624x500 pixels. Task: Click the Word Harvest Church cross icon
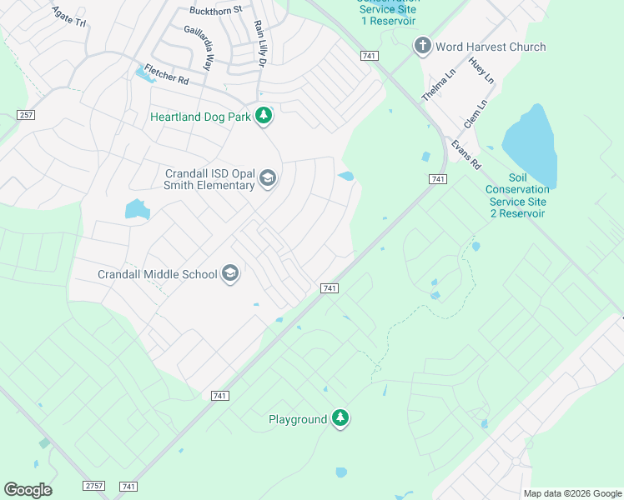click(x=423, y=47)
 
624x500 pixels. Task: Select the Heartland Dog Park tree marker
click(x=264, y=116)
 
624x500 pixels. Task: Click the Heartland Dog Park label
click(x=200, y=117)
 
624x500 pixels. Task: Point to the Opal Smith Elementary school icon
click(x=267, y=178)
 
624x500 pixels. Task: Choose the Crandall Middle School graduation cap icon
click(x=230, y=273)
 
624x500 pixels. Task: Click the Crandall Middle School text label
click(x=158, y=274)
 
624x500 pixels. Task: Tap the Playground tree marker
click(x=340, y=418)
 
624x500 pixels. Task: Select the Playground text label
click(x=298, y=419)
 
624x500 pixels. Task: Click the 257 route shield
click(x=25, y=114)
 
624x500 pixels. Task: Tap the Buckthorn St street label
click(x=215, y=10)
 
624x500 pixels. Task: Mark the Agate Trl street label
click(x=68, y=17)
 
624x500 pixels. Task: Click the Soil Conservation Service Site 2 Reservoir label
click(x=516, y=196)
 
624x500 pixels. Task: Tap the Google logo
click(x=28, y=490)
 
